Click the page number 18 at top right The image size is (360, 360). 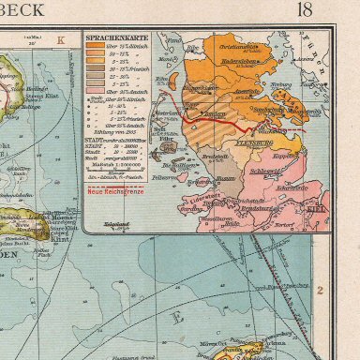coord(332,11)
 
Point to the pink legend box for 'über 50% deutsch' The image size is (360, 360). coord(97,102)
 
